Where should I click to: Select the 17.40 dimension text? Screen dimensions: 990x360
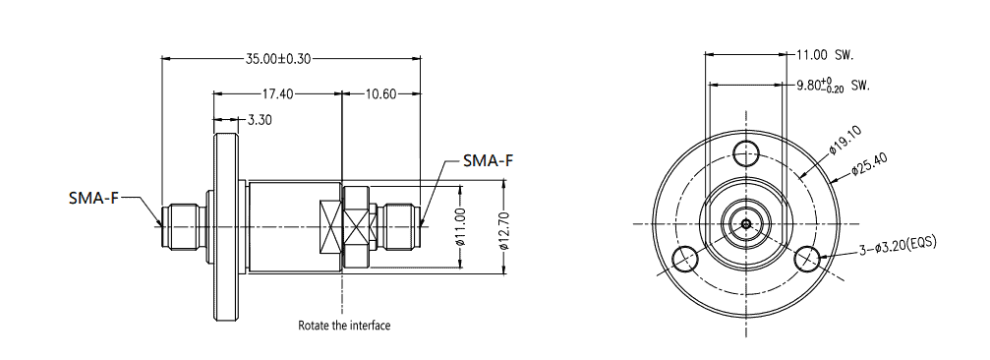pos(278,94)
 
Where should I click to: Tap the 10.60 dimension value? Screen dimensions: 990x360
pos(380,94)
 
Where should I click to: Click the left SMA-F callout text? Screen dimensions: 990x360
pos(93,198)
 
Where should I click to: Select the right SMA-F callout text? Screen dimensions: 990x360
pos(488,160)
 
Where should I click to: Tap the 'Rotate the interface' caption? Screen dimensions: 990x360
pos(344,326)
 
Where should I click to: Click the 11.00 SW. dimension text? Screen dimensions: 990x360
pos(825,55)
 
